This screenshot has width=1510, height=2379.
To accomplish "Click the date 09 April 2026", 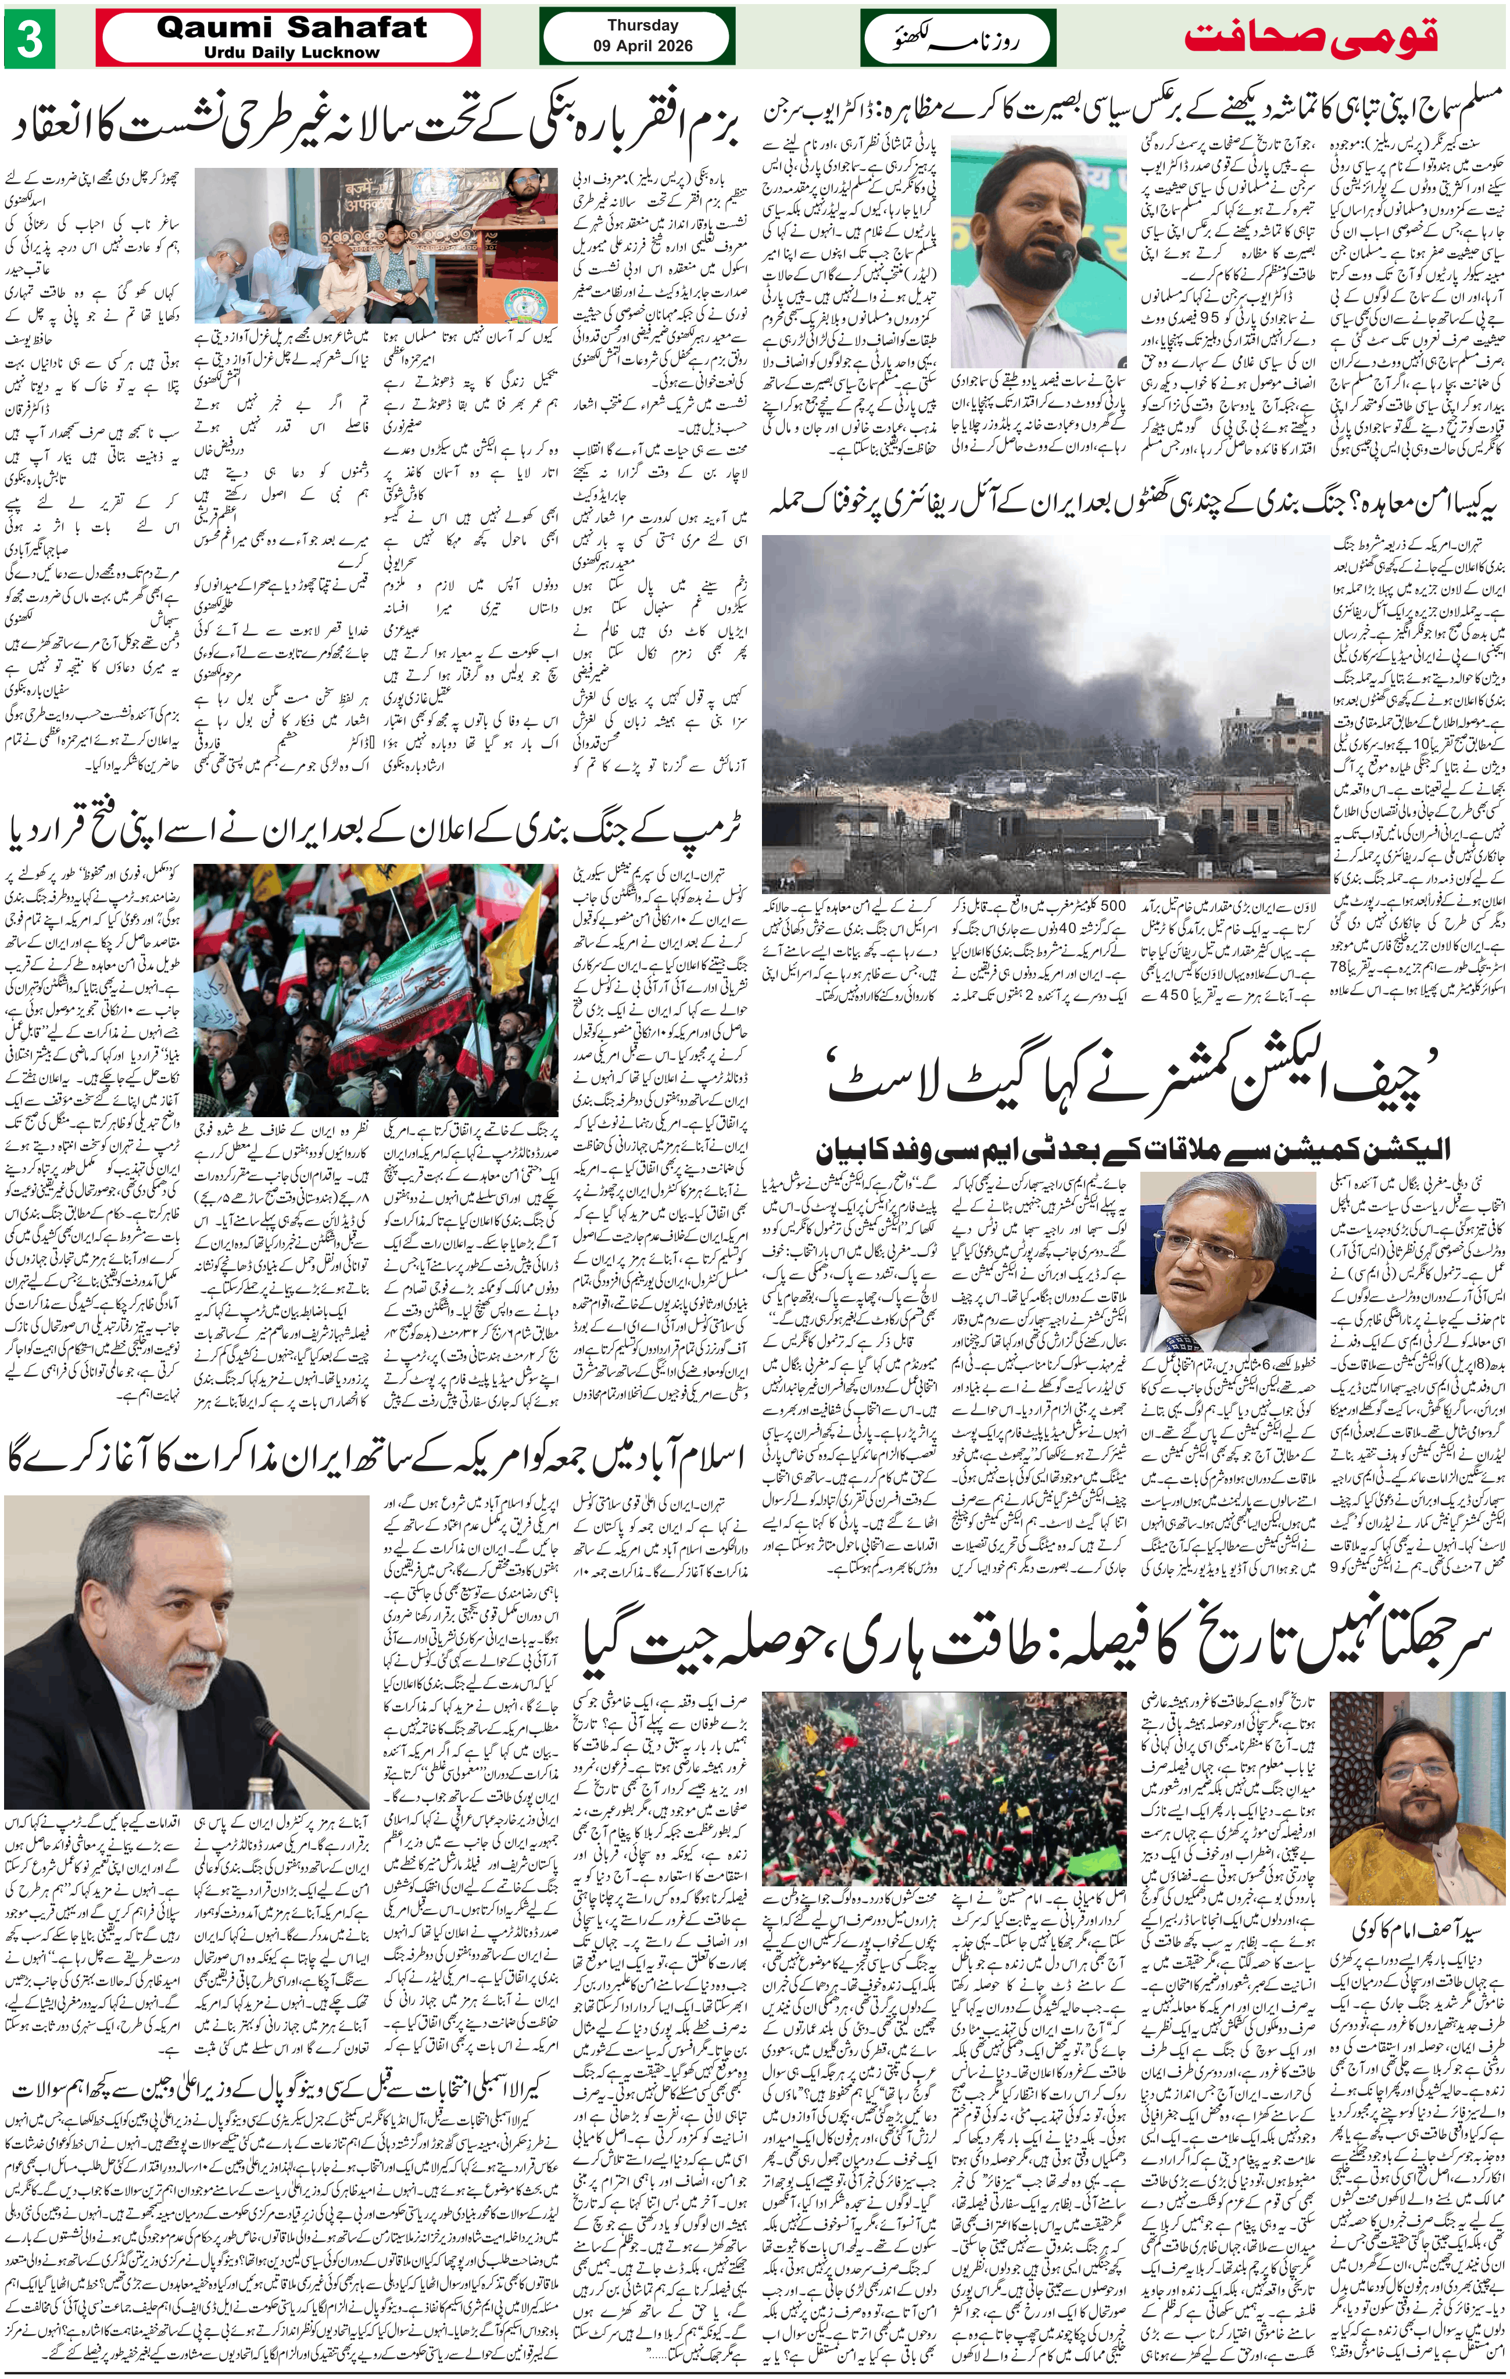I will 643,45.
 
